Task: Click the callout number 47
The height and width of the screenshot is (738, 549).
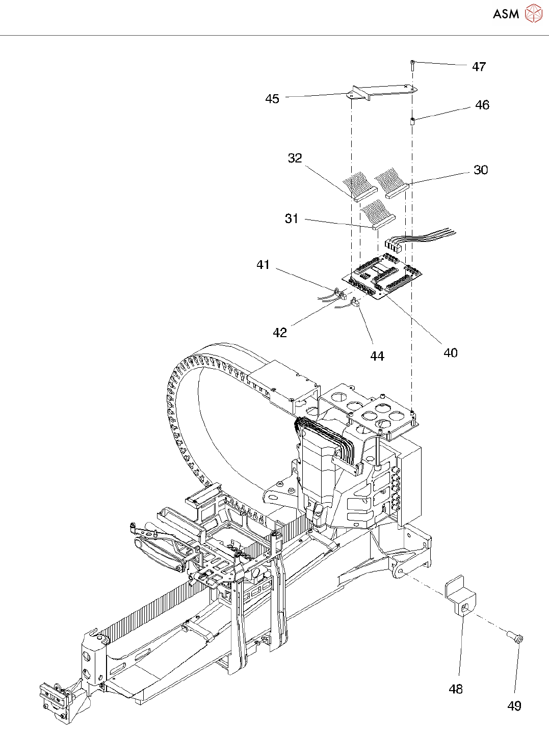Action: [x=479, y=67]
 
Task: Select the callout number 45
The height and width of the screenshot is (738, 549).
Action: [x=272, y=99]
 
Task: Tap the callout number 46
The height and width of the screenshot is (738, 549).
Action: [x=482, y=105]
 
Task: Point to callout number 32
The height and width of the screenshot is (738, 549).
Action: [x=295, y=158]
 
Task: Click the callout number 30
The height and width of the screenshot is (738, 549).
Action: [x=481, y=170]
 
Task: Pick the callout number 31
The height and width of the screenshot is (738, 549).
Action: [x=292, y=219]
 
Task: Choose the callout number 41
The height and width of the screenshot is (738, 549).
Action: [x=263, y=265]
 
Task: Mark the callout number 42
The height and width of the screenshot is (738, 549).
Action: [x=280, y=333]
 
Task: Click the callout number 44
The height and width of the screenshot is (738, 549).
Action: [x=377, y=356]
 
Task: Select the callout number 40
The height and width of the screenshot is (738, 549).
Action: [x=451, y=353]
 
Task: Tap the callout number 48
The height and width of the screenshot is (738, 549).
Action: [x=456, y=689]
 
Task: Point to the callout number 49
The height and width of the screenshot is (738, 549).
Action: [x=514, y=706]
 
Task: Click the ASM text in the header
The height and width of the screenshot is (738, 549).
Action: [x=506, y=14]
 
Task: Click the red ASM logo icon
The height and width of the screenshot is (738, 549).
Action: [x=533, y=14]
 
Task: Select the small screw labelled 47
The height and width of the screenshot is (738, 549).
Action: [x=412, y=65]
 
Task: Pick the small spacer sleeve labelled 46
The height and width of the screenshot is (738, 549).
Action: [x=412, y=121]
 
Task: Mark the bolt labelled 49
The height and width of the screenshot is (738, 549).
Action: [x=514, y=636]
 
